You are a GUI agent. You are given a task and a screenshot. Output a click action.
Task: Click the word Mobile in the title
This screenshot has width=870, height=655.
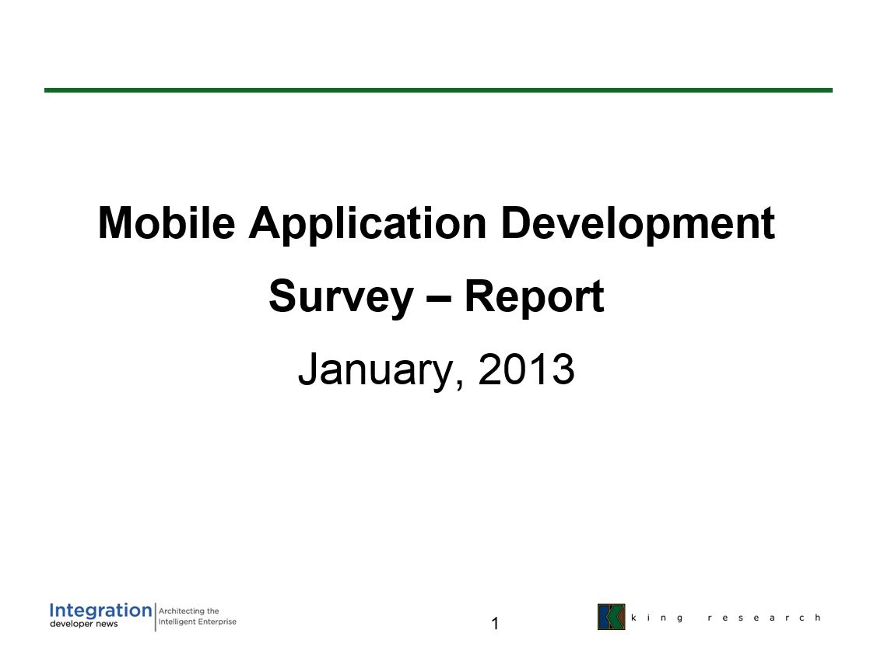(167, 223)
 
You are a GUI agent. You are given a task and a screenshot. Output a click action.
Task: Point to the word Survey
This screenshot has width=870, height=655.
(342, 299)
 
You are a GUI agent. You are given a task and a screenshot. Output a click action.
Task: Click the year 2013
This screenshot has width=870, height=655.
(526, 369)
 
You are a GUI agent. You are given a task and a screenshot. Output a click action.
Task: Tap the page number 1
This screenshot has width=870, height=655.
(495, 624)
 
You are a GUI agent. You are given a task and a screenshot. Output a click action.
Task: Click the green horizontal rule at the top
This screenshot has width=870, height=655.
(438, 89)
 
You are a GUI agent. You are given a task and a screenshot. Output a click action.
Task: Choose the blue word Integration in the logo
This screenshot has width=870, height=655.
(100, 611)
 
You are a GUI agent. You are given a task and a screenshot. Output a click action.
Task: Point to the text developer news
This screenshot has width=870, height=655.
(84, 624)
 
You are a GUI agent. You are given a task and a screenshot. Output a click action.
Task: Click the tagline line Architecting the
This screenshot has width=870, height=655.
(188, 611)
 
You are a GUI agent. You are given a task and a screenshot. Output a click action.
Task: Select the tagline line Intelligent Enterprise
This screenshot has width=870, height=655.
(198, 622)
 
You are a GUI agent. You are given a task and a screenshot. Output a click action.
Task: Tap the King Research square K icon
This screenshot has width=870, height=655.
(612, 617)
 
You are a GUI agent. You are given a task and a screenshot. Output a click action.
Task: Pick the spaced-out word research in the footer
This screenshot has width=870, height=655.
(764, 618)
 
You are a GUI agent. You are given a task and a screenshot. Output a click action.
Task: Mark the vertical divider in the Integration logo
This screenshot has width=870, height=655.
(156, 617)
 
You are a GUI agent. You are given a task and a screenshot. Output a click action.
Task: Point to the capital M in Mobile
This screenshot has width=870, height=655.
(114, 223)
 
